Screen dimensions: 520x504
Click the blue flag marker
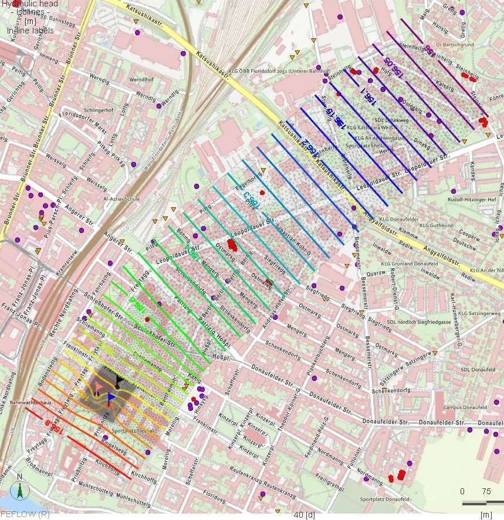[111, 397]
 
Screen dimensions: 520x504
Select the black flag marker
[120, 380]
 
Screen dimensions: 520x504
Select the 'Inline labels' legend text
[30, 30]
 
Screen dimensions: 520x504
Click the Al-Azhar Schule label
[121, 199]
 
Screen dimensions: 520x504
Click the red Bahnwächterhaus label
[30, 403]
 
